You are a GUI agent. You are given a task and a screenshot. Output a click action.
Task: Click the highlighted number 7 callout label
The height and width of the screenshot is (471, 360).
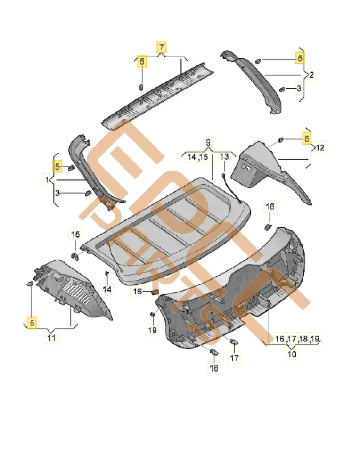161,47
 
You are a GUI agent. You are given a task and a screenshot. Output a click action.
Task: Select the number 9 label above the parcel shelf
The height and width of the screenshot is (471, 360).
208,142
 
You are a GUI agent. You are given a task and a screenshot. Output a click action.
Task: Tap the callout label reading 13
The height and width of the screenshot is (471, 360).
224,157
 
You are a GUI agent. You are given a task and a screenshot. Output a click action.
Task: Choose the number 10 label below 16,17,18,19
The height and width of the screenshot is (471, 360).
292,354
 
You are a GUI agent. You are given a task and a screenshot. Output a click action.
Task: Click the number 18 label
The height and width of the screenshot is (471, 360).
214,368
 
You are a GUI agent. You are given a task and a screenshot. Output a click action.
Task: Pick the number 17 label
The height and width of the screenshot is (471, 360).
234,358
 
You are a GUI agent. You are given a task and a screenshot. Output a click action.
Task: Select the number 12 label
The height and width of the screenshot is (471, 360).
320,147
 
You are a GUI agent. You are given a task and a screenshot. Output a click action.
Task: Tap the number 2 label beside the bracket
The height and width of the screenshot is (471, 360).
311,74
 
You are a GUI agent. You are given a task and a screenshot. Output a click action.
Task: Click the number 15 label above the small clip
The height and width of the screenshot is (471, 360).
75,234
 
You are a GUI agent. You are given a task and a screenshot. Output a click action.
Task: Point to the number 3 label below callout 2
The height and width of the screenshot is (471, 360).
299,88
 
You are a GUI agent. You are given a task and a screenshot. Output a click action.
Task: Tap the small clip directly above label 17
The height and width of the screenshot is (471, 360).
234,341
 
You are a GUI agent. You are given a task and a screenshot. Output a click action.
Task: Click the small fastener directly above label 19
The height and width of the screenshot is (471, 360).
152,314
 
